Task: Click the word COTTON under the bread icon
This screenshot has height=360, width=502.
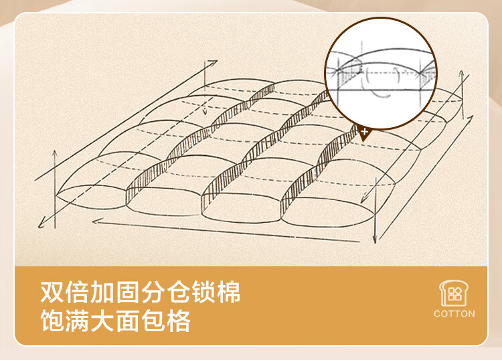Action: pyautogui.click(x=454, y=314)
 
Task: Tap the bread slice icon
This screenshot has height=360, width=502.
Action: pyautogui.click(x=454, y=293)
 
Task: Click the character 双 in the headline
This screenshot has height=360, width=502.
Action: pyautogui.click(x=52, y=292)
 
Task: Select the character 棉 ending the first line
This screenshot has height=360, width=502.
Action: pyautogui.click(x=228, y=292)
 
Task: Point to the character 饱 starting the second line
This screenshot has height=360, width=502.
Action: pyautogui.click(x=52, y=320)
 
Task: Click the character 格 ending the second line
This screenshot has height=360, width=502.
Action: pyautogui.click(x=178, y=320)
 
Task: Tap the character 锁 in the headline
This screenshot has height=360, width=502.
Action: pyautogui.click(x=203, y=292)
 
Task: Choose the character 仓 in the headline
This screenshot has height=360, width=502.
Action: pyautogui.click(x=178, y=292)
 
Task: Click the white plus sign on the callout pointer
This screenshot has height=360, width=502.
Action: pyautogui.click(x=364, y=132)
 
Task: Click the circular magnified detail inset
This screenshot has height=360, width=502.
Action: pyautogui.click(x=381, y=74)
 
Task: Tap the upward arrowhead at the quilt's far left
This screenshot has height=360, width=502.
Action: pyautogui.click(x=55, y=153)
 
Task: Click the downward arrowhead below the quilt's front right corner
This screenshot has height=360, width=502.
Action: pyautogui.click(x=375, y=240)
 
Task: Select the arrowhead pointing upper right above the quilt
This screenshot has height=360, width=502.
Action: pyautogui.click(x=214, y=62)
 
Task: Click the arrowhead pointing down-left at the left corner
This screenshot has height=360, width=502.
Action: pyautogui.click(x=41, y=224)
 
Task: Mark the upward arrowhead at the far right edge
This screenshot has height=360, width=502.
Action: pyautogui.click(x=461, y=74)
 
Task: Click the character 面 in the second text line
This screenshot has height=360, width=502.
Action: pyautogui.click(x=128, y=320)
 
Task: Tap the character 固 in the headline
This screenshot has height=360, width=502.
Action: pyautogui.click(x=128, y=292)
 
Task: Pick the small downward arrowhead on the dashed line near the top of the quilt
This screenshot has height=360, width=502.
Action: pyautogui.click(x=205, y=111)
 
